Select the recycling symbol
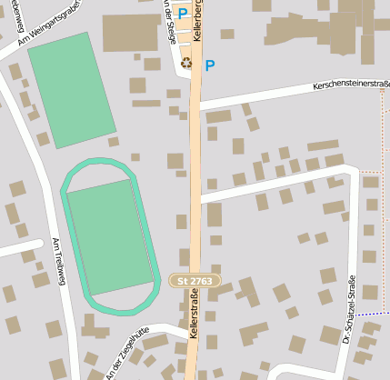coord(187,64)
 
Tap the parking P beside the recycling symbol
coord(210,65)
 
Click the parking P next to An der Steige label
coord(183,14)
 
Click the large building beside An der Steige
coord(131,33)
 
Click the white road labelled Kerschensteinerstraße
coord(273,96)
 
